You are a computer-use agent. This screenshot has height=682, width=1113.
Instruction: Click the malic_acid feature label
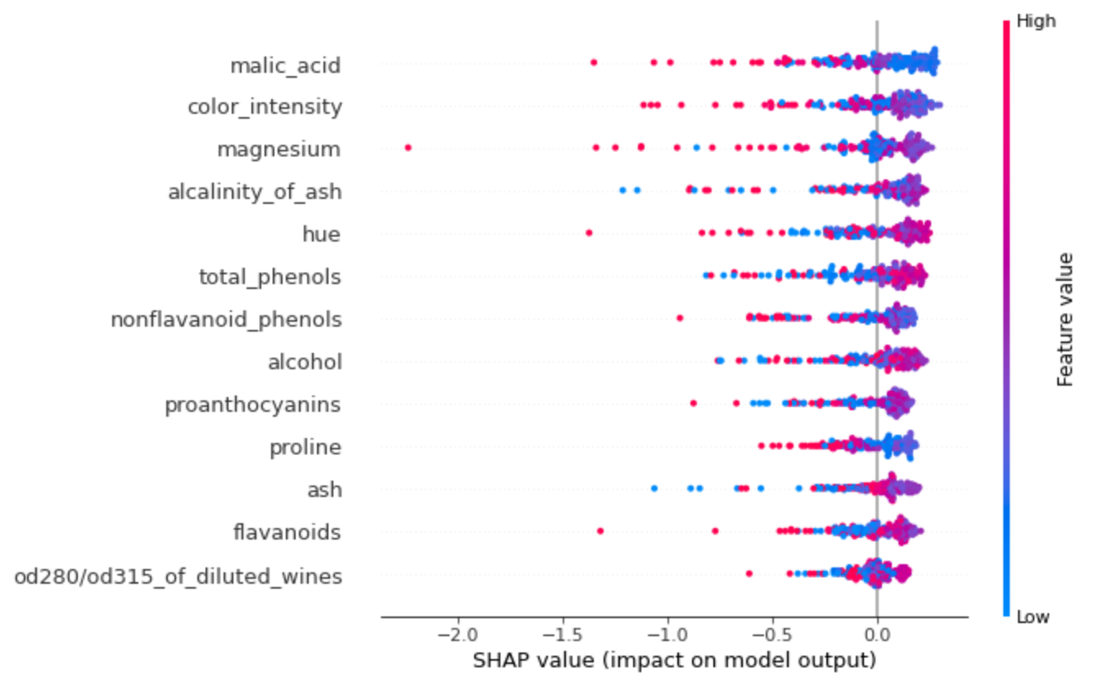(x=285, y=65)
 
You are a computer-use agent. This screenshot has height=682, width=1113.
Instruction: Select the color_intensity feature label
(x=265, y=107)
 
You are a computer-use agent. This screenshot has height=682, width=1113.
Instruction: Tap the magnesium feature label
(x=278, y=149)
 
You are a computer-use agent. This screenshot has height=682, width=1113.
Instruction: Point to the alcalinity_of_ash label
(x=255, y=192)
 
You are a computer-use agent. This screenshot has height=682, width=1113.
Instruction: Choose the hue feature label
(x=321, y=234)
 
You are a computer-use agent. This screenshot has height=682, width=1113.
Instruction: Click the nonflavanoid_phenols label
(x=226, y=318)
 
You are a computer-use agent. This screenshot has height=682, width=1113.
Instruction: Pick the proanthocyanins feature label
(x=253, y=404)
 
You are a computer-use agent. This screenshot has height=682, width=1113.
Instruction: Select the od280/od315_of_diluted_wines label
(x=178, y=576)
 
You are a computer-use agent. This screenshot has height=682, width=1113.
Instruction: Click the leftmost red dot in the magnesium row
(x=408, y=147)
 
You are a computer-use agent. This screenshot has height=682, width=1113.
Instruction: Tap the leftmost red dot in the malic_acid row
(x=594, y=62)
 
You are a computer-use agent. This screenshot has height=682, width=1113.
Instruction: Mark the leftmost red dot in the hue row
(x=589, y=233)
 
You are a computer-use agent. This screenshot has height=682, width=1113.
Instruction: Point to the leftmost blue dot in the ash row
(x=654, y=488)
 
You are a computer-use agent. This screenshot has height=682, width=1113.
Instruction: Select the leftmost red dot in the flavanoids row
(x=600, y=531)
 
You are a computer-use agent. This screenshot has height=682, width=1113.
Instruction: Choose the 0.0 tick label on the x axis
(x=876, y=635)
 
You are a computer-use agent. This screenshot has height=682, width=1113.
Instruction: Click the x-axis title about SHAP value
(x=674, y=660)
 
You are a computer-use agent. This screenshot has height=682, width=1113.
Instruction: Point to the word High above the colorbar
(x=1036, y=22)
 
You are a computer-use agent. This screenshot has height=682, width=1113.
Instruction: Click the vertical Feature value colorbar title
(x=1065, y=319)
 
